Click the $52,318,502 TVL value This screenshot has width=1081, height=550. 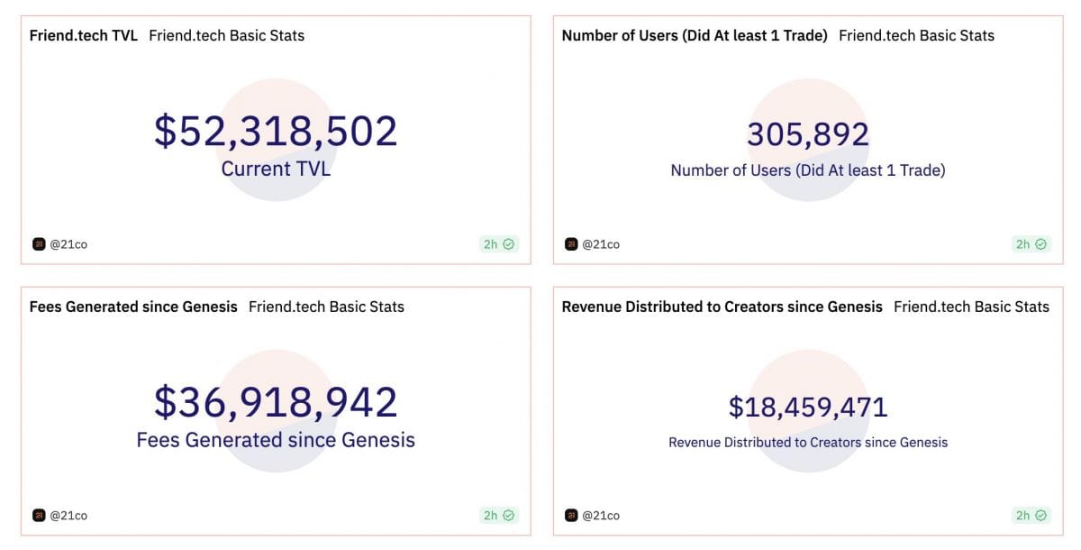point(276,132)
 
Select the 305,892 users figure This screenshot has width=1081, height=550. point(808,134)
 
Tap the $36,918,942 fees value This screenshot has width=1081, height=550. point(276,402)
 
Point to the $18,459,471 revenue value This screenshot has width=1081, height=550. point(808,407)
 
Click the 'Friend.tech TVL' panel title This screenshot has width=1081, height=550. point(84,36)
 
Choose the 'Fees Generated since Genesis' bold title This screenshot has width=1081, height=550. point(133,307)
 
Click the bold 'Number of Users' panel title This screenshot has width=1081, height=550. point(695,36)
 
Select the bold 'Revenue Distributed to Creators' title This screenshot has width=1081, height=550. point(722,307)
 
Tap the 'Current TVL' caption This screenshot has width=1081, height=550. point(276,169)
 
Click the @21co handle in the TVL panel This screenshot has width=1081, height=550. point(68,244)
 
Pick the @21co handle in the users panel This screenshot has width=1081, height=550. point(601,244)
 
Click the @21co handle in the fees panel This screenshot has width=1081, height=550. point(68,516)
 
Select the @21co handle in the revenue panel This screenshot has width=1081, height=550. point(601,516)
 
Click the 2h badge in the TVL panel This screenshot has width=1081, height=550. point(499,244)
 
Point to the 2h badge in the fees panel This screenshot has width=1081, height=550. point(499,516)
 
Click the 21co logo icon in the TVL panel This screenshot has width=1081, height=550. point(39,244)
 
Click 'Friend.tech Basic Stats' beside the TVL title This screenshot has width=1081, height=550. point(226,36)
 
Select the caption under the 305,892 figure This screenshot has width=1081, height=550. point(808,170)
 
